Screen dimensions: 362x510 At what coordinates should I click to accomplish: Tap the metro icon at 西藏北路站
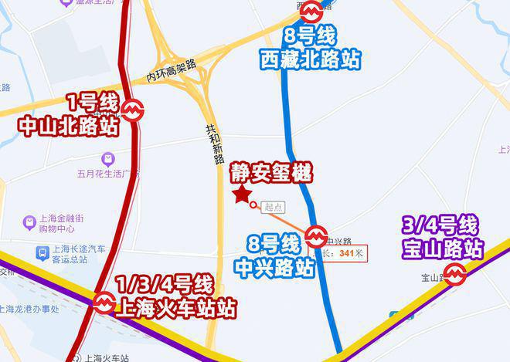pyautogui.click(x=312, y=11)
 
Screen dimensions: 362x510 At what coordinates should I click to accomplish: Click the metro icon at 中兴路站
pyautogui.click(x=315, y=235)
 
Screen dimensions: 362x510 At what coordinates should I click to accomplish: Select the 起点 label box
pyautogui.click(x=274, y=207)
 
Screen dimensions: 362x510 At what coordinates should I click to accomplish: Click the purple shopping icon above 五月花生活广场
pyautogui.click(x=109, y=158)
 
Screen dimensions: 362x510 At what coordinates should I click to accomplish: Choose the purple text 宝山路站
pyautogui.click(x=443, y=249)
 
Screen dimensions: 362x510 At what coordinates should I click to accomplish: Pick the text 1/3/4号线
pyautogui.click(x=164, y=284)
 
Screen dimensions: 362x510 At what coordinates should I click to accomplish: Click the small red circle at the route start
pyautogui.click(x=253, y=204)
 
